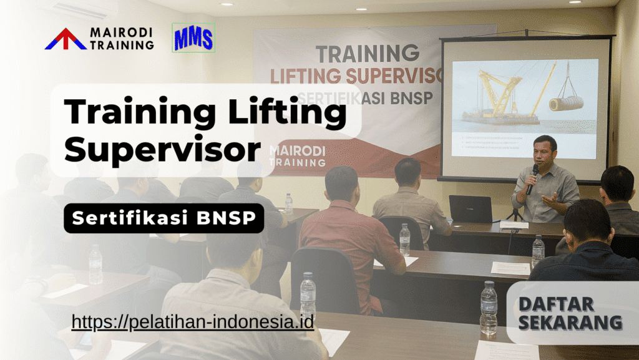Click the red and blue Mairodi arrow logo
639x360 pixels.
click(x=66, y=39)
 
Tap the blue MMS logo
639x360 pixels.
click(x=193, y=38)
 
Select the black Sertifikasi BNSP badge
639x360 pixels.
click(x=163, y=218)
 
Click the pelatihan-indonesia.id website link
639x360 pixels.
click(x=192, y=322)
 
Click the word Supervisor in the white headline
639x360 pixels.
click(x=162, y=150)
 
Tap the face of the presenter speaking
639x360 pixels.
click(x=545, y=151)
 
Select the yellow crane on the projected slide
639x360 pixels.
click(x=499, y=94)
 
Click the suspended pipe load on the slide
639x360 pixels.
click(x=566, y=102)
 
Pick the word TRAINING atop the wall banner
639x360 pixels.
click(x=358, y=54)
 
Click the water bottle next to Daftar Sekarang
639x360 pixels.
click(x=489, y=309)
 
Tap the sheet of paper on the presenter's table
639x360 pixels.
click(x=514, y=225)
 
